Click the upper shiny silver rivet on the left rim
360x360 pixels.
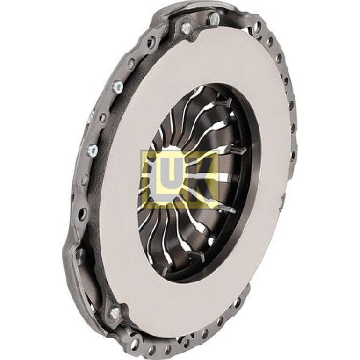point(118,86)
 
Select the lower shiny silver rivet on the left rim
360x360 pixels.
point(93,150)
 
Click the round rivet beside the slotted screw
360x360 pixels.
point(186,27)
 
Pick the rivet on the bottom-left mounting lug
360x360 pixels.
point(115,312)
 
